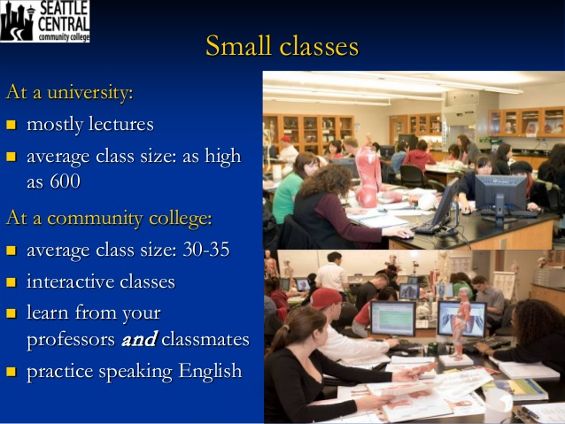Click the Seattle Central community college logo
point(44,21)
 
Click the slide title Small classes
point(282,46)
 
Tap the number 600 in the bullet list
point(65,181)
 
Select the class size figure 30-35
point(206,249)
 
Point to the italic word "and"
point(139,339)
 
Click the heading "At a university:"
point(70,92)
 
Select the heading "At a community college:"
point(109,219)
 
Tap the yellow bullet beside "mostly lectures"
point(12,125)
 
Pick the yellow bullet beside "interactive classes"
point(12,281)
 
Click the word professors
point(71,340)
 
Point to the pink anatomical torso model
point(368,176)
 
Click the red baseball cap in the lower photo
point(325,298)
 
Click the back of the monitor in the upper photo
point(501,195)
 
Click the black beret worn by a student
point(521,166)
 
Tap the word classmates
point(205,339)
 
